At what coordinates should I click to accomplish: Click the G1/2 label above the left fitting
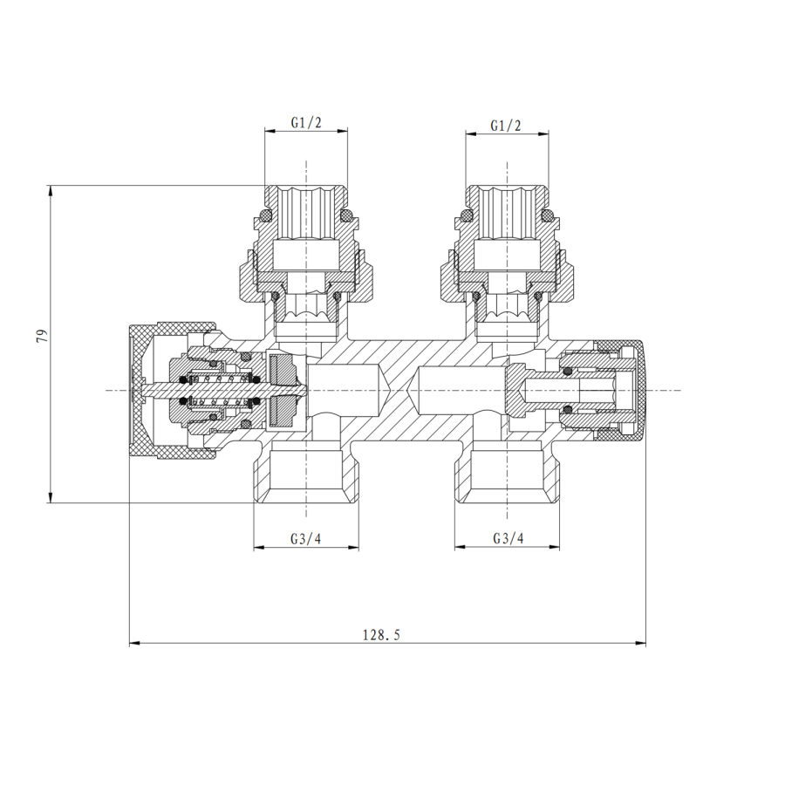[x=306, y=124]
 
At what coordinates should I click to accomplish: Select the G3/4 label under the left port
[x=306, y=538]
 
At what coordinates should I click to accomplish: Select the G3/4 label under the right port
[x=508, y=538]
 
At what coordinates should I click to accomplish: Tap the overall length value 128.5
[x=381, y=635]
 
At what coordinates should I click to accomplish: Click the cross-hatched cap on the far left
[x=140, y=390]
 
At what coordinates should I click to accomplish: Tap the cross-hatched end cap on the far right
[x=638, y=390]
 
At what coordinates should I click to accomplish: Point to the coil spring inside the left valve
[x=218, y=390]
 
